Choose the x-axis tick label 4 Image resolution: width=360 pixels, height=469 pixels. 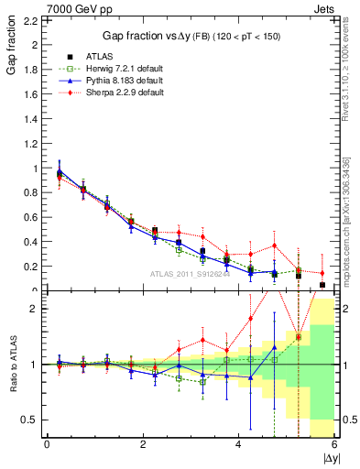pos(239,445)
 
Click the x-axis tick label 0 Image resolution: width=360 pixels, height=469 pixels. pos(47,445)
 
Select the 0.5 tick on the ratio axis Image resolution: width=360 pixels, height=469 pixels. pos(28,420)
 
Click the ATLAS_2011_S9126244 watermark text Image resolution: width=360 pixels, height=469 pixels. pos(191,273)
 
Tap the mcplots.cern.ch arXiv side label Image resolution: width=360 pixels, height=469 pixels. pos(353,211)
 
